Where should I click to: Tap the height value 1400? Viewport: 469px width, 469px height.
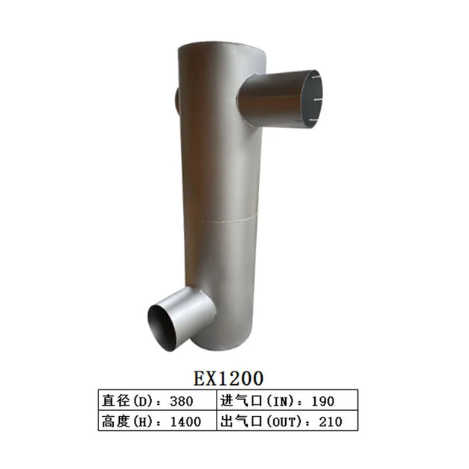pos(185,421)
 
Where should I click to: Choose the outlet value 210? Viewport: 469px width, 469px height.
pos(329,421)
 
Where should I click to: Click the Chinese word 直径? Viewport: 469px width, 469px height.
pos(115,401)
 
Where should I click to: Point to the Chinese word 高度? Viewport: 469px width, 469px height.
pos(115,421)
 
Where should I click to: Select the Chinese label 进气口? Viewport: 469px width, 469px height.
pos(238,401)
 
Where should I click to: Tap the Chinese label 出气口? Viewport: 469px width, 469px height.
pos(238,421)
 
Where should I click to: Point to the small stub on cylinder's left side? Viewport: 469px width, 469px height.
pos(176,99)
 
